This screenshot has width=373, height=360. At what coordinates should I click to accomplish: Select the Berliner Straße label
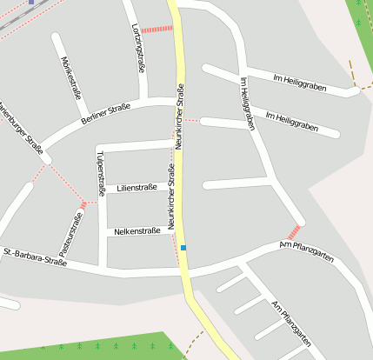[x=105, y=114]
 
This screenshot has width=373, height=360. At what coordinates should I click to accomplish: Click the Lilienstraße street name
[x=137, y=187]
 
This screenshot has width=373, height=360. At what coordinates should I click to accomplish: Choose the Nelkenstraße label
[x=137, y=231]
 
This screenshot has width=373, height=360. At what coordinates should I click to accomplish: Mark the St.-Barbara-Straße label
[x=36, y=255]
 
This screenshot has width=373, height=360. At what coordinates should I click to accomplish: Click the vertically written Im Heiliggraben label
[x=246, y=103]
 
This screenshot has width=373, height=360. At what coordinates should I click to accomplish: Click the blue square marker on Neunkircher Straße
[x=183, y=248]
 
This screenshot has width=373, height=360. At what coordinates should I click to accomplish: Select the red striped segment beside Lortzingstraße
[x=157, y=29]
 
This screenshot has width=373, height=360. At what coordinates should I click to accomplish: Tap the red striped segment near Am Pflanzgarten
[x=294, y=231]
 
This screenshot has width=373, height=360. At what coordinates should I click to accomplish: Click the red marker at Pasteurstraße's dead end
[x=83, y=204]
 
